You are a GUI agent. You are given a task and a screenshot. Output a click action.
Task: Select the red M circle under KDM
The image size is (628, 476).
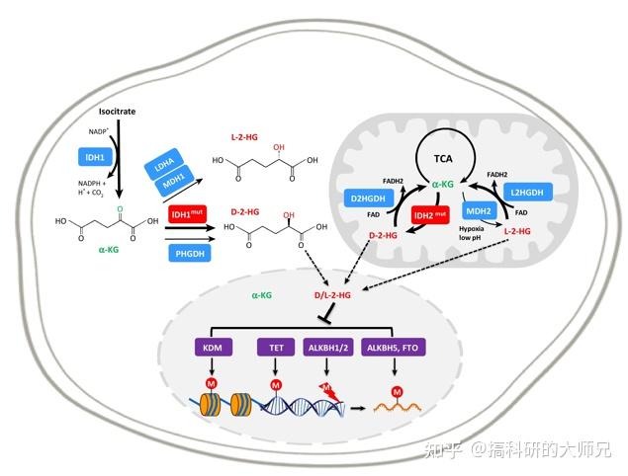coord(211,382)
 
